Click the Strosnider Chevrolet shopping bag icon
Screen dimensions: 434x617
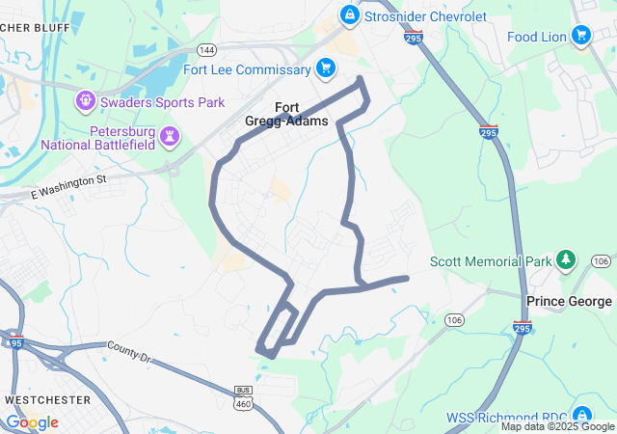point(349,14)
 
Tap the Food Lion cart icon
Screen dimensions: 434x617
point(580,37)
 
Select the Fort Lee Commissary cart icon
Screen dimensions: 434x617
point(326,68)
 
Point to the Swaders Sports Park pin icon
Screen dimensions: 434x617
point(86,99)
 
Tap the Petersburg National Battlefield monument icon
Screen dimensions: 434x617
point(170,134)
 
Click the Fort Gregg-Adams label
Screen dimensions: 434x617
point(300,114)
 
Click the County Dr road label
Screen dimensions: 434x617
point(130,351)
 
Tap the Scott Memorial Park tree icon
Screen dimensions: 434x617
point(567,260)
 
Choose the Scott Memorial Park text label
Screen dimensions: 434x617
point(491,261)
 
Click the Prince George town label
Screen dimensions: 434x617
point(568,301)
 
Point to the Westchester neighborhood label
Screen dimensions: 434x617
point(47,399)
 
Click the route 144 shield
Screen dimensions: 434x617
point(206,49)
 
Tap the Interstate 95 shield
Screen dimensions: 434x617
point(14,341)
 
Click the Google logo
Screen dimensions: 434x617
point(32,422)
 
